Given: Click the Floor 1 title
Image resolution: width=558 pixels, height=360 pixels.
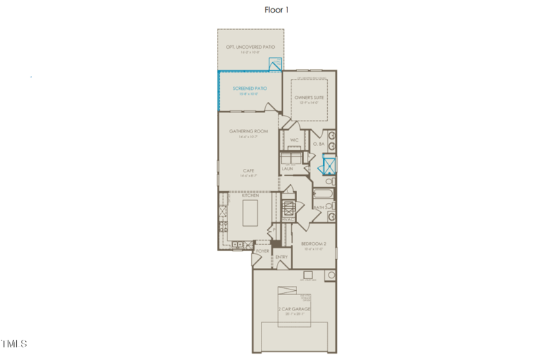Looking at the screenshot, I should [276, 10].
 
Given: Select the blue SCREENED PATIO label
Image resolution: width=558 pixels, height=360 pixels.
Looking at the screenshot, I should [250, 89].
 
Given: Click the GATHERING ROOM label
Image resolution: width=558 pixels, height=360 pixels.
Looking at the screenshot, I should [248, 131].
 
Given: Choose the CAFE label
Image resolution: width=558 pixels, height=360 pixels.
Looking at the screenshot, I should [248, 170].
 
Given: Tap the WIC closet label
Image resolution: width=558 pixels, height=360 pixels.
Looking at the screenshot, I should [294, 140].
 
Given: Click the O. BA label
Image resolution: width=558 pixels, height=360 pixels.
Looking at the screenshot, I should [317, 144].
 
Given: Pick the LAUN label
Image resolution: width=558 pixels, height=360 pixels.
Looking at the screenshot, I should [287, 169].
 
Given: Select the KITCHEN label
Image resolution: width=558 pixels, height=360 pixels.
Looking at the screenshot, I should [250, 195].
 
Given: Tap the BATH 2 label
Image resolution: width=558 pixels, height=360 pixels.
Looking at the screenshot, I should [320, 207].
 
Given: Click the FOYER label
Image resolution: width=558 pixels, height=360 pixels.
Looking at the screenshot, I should [262, 251].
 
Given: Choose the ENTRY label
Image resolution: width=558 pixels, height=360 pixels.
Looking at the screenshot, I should [282, 257].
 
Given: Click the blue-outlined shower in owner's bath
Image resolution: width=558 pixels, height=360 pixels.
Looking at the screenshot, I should [329, 165].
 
